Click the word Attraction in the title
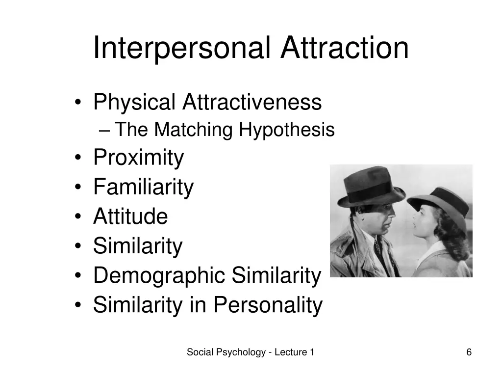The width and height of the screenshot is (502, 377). pyautogui.click(x=345, y=48)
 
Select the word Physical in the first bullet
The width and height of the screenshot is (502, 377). pyautogui.click(x=134, y=103)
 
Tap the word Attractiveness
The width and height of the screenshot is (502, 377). pyautogui.click(x=252, y=103)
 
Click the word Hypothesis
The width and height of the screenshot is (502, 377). pyautogui.click(x=287, y=130)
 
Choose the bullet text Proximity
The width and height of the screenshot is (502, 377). pyautogui.click(x=138, y=158)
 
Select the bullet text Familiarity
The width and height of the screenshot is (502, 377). pyautogui.click(x=143, y=187)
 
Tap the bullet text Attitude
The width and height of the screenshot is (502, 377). pyautogui.click(x=130, y=216)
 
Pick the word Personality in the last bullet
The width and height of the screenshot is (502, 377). pyautogui.click(x=268, y=305)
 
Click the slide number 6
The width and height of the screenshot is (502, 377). pyautogui.click(x=469, y=352)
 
